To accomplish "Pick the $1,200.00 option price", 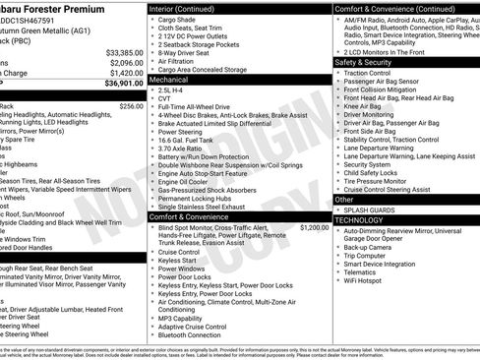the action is (314, 227).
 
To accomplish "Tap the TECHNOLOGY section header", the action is (360, 220).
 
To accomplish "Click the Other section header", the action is (344, 199).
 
